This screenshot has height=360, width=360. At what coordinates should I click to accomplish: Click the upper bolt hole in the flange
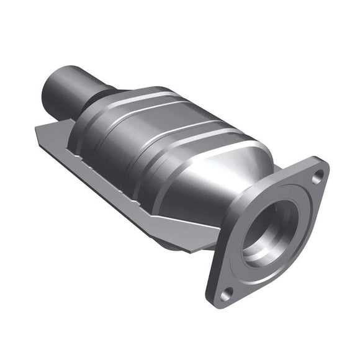317,177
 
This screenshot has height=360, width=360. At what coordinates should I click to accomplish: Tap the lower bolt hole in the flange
227,292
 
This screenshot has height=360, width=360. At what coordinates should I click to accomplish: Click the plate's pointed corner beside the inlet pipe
36,130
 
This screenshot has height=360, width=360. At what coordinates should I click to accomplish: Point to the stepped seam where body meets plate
124,180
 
